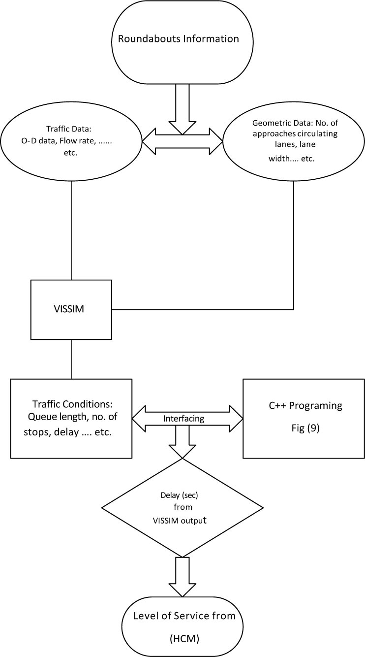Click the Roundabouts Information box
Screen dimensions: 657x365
182,38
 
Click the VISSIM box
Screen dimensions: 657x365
71,310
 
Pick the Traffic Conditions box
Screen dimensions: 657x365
71,419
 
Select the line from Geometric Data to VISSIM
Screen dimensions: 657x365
294,246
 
